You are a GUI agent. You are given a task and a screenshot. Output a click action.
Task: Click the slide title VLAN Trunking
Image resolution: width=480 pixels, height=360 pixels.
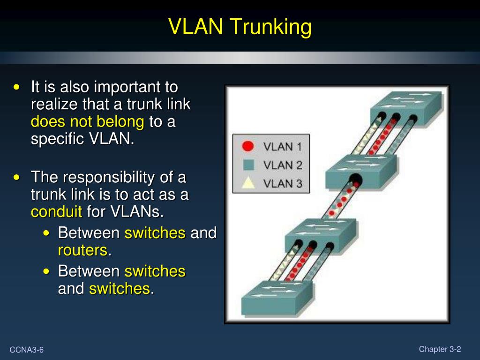pos(240,27)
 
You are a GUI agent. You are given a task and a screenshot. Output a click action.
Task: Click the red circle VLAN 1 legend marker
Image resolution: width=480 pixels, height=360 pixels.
pos(248,146)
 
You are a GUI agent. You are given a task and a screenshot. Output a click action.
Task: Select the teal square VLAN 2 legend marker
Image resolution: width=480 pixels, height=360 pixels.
pos(248,165)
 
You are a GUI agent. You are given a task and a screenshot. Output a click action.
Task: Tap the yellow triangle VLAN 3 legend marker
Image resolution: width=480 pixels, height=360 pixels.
pos(248,182)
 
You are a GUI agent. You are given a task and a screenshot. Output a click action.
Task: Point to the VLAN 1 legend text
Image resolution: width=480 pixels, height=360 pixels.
pos(283,147)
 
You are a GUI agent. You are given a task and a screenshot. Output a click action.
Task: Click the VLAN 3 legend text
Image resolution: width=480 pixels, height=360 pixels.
pos(283,183)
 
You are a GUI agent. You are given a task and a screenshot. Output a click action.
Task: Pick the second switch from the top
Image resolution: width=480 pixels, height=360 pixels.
pos(361,169)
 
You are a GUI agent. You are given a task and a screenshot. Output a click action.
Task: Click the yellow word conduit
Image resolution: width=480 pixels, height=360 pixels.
pos(56,212)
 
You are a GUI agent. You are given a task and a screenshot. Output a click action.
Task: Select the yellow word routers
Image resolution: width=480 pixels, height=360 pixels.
pos(82,250)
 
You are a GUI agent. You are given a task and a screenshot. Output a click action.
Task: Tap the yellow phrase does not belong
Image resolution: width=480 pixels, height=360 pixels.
pos(87,122)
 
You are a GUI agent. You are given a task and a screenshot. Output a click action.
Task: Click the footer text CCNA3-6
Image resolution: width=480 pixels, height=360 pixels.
pos(27,350)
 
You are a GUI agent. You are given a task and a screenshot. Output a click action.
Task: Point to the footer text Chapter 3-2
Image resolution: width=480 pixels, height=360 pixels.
pos(440,349)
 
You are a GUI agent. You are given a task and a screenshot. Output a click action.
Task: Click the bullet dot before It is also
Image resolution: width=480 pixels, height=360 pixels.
pos(17,87)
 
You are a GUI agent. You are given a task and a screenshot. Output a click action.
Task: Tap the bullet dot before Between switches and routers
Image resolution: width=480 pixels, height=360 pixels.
pos(46,233)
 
